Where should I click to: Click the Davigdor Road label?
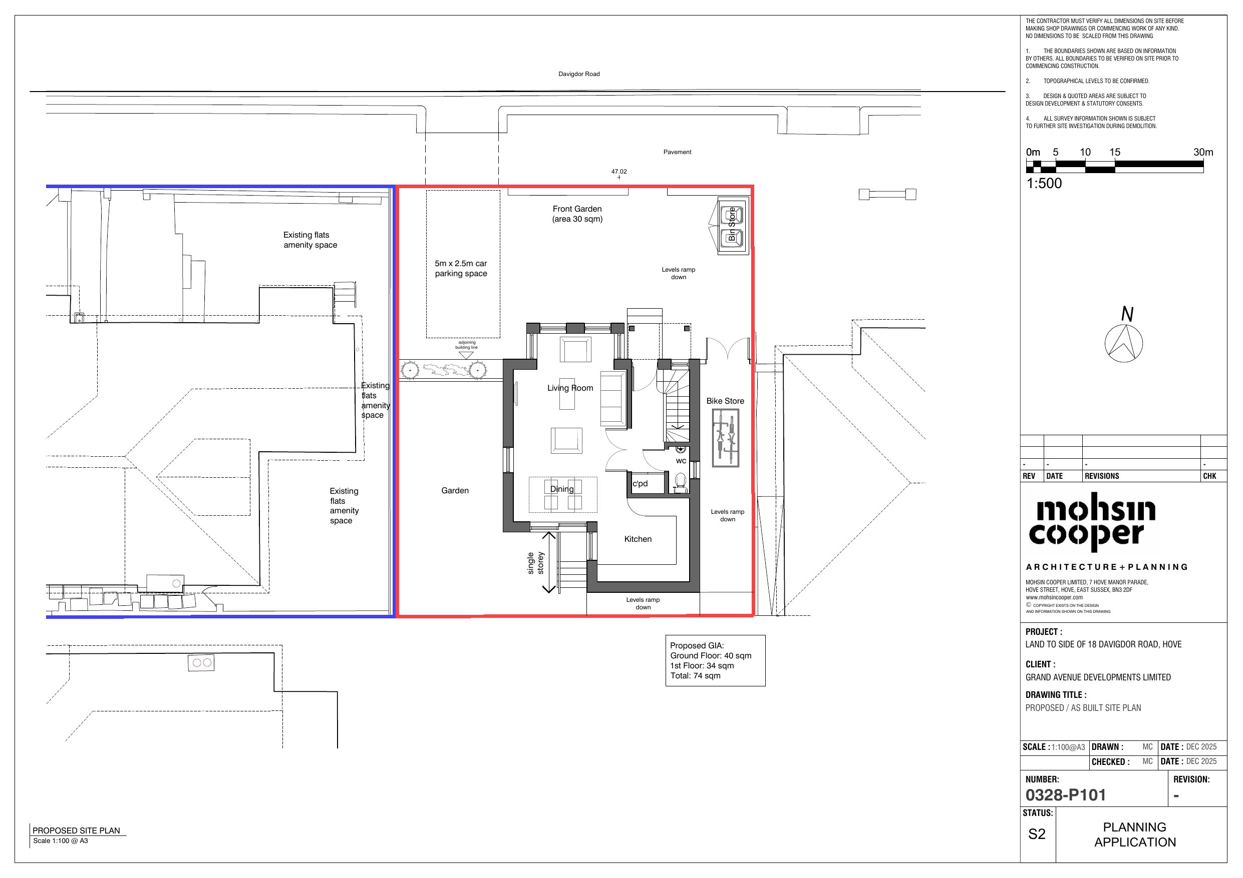pyautogui.click(x=579, y=74)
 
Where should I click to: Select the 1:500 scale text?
pyautogui.click(x=1044, y=184)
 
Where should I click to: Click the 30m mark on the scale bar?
pyautogui.click(x=1203, y=153)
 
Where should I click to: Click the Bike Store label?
pyautogui.click(x=725, y=401)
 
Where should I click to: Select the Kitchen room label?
pyautogui.click(x=638, y=539)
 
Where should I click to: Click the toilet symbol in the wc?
pyautogui.click(x=681, y=481)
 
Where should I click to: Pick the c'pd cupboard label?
pyautogui.click(x=640, y=484)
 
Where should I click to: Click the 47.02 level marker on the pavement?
pyautogui.click(x=619, y=172)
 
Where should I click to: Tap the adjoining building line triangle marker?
pyautogui.click(x=466, y=355)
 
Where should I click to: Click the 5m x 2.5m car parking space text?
pyautogui.click(x=461, y=268)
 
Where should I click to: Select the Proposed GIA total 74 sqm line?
pyautogui.click(x=695, y=676)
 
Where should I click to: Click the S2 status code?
pyautogui.click(x=1037, y=834)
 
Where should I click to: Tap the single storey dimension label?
pyautogui.click(x=535, y=563)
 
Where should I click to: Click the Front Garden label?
pyautogui.click(x=577, y=214)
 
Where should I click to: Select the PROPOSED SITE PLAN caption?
pyautogui.click(x=76, y=830)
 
